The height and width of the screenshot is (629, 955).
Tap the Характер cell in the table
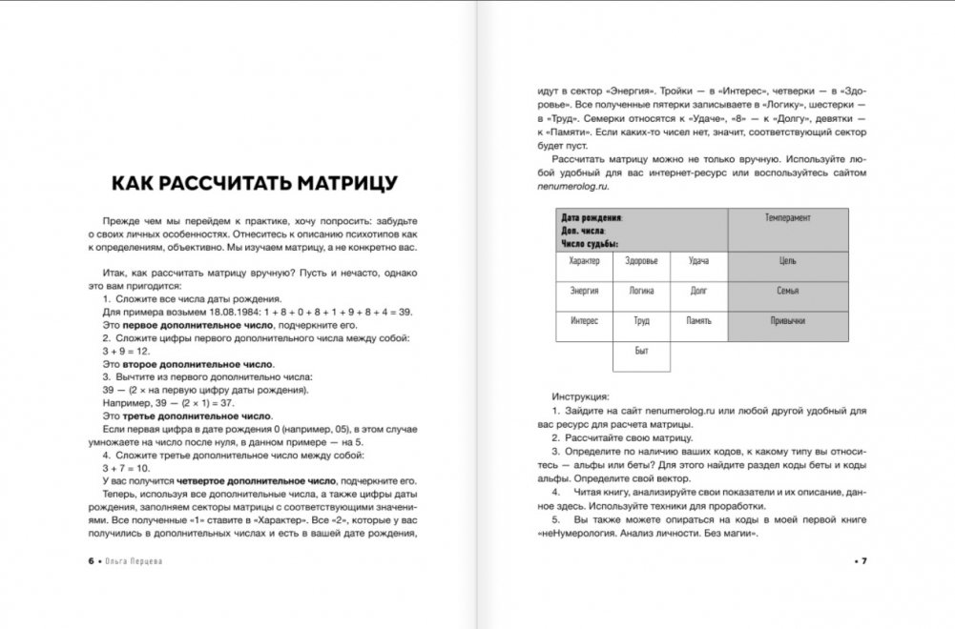(x=584, y=261)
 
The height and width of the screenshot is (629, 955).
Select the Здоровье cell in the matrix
(x=641, y=261)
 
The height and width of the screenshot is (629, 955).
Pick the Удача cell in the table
(x=698, y=261)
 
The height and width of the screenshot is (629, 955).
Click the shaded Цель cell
(x=787, y=261)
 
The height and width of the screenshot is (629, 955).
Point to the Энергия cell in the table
(x=584, y=291)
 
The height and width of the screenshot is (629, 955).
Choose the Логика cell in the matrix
(x=641, y=291)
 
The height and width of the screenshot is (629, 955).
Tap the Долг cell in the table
(x=698, y=291)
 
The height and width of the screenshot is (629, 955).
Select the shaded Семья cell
(x=787, y=291)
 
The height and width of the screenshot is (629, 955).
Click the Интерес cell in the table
(x=584, y=321)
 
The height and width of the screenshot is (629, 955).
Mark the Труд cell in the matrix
(x=641, y=321)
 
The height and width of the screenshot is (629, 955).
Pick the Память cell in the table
(x=698, y=321)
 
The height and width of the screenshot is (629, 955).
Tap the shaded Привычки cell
(x=787, y=321)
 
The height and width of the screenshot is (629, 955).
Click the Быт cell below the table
(x=641, y=352)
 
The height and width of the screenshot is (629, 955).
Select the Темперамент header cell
(x=787, y=218)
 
